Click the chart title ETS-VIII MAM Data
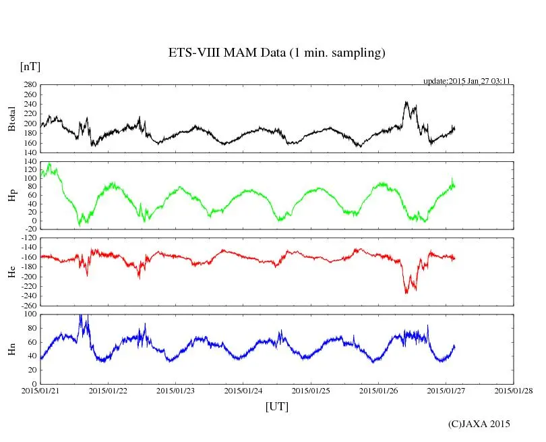(x=276, y=53)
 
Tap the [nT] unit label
(x=30, y=67)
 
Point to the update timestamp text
(x=466, y=81)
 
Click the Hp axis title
(x=11, y=196)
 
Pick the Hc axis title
(x=11, y=272)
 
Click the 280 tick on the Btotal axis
(x=29, y=85)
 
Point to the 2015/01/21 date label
(x=40, y=390)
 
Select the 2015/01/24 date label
(x=244, y=390)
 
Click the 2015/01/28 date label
(x=514, y=390)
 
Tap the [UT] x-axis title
(x=277, y=406)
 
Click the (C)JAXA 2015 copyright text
(x=479, y=424)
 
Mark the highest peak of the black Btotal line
(x=406, y=102)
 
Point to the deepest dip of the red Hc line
(x=406, y=293)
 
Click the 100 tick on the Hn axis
(x=29, y=314)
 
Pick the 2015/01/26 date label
(x=379, y=390)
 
